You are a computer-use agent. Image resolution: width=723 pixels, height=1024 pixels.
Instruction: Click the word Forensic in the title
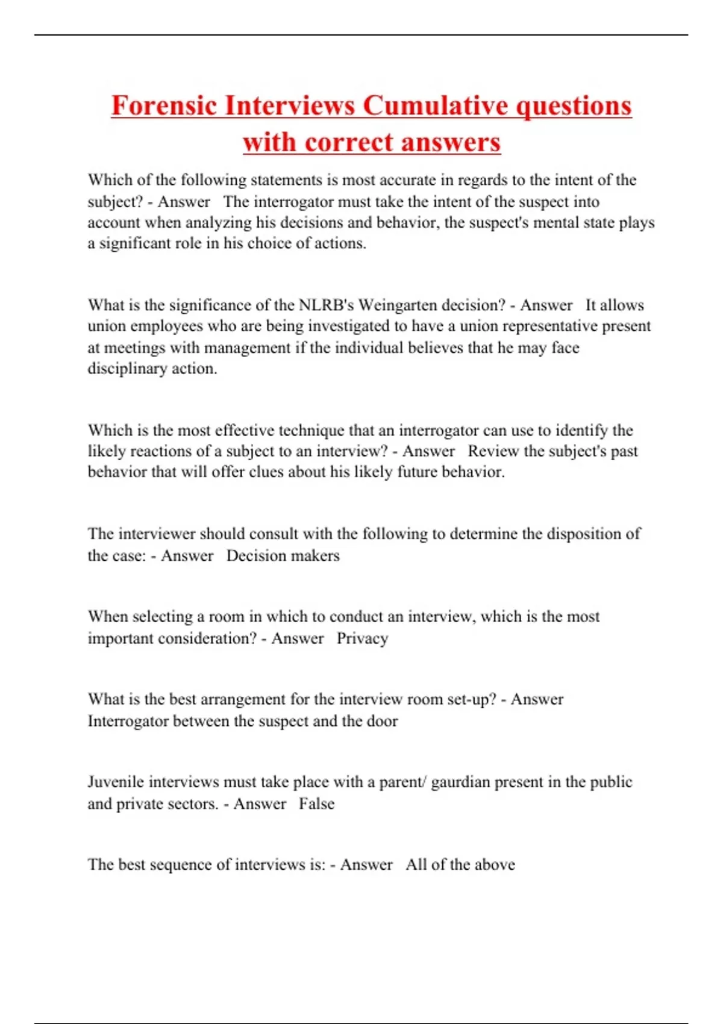click(x=164, y=106)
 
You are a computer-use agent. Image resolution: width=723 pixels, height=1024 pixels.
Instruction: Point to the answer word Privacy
click(x=362, y=638)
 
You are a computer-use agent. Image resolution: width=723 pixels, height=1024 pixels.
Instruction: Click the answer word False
click(x=316, y=804)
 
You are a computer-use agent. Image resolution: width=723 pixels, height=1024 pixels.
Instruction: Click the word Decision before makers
click(x=252, y=556)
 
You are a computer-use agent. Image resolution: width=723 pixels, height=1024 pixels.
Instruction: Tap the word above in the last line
click(x=495, y=865)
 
